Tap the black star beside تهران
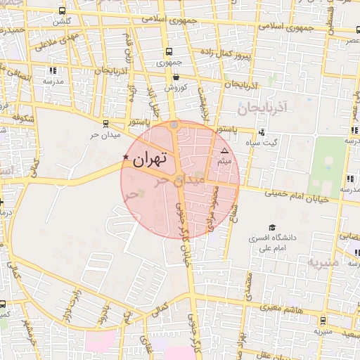pos(126,157)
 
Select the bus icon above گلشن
pos(63,11)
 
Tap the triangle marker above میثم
pos(225,151)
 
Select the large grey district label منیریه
pos(323,262)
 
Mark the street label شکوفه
pos(23,119)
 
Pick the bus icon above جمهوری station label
pos(169,51)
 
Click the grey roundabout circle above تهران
pos(174,125)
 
